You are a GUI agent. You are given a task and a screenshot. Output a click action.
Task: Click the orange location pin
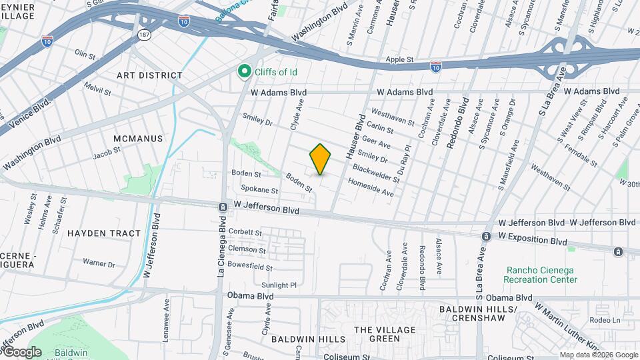point(320,159)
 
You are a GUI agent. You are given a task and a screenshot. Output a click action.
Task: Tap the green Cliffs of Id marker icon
point(245,71)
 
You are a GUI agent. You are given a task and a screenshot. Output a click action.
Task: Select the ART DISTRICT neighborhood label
point(149,76)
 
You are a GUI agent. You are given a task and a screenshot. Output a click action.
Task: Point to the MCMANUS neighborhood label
point(138,138)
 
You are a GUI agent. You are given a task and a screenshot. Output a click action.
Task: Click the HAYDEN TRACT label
point(104,233)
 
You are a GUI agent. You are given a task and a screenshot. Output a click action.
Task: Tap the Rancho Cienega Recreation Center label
point(541,275)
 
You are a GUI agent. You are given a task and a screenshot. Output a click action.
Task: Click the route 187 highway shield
point(144,33)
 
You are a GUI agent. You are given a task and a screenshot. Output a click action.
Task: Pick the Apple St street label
point(400,60)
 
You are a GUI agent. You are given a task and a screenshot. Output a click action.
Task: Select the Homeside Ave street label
point(371,187)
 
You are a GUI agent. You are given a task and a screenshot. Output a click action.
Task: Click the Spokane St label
point(255,189)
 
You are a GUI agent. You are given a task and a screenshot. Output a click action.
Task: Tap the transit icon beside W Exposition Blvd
point(487,237)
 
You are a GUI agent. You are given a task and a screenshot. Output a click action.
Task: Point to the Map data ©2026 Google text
point(598,355)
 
